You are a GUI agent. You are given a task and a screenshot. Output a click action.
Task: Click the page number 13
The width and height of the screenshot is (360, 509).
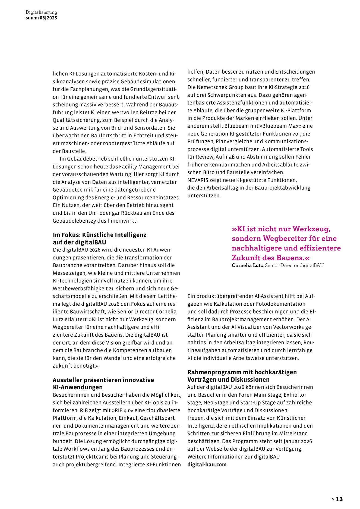coord(339,499)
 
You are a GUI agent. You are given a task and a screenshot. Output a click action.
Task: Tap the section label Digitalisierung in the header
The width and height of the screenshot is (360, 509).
coord(41,12)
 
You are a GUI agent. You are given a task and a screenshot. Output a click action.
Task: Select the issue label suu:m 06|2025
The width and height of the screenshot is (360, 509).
coord(41,18)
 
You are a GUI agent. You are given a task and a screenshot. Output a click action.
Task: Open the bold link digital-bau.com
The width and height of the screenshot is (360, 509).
coord(207,464)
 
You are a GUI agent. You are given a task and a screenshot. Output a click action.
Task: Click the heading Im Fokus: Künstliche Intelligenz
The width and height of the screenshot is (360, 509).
coord(100,235)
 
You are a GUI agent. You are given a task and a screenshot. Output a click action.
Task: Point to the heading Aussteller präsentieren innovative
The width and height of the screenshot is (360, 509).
coord(103,380)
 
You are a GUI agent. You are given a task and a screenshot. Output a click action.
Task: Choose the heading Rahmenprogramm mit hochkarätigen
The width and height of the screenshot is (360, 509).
coord(242,372)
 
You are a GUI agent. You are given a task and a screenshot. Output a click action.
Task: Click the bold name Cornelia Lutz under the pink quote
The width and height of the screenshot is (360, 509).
coord(247,265)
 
